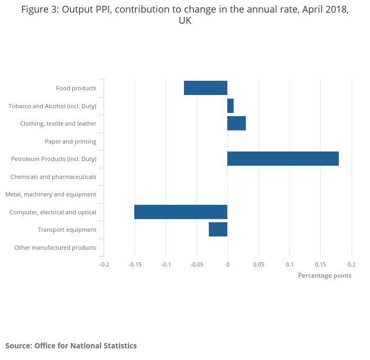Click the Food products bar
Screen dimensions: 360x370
(206, 88)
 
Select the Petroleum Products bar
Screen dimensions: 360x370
(283, 159)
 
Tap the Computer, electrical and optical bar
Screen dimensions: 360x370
(181, 212)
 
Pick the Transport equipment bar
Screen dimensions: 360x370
(218, 230)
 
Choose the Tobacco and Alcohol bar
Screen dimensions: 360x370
(230, 106)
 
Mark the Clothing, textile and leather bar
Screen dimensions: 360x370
(236, 124)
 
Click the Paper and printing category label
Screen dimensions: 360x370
(70, 141)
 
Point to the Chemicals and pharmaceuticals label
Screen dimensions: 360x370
(53, 177)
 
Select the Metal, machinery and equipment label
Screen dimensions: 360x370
(51, 194)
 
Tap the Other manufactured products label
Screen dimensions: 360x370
(55, 248)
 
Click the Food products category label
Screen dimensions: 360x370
(76, 88)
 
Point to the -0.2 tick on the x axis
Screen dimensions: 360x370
(104, 264)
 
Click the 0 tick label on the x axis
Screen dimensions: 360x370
(227, 264)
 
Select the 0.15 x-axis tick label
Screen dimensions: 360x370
(321, 264)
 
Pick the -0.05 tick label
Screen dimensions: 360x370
(197, 264)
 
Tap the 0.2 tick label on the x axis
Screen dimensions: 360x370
(351, 264)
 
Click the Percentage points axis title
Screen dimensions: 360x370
(325, 276)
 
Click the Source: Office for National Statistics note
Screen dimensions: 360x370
(71, 346)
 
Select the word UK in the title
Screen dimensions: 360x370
(185, 21)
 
